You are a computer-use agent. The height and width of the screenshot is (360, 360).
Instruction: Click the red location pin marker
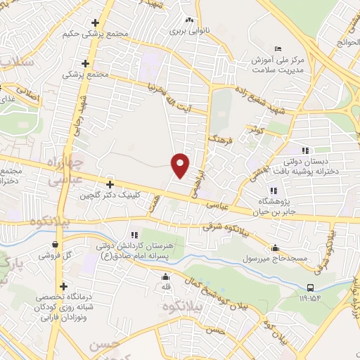coord(181,165)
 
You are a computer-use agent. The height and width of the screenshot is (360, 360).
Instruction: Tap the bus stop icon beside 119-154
coord(311,287)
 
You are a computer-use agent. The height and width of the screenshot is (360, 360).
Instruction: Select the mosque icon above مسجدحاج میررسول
coord(274,247)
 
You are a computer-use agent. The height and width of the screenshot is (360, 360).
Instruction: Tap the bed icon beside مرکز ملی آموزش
coord(278,48)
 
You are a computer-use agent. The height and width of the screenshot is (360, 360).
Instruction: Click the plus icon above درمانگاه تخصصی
coord(65,286)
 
